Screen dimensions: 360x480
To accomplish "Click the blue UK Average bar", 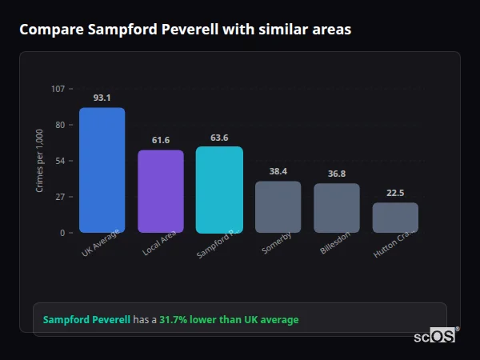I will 102,170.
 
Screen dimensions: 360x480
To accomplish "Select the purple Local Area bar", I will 161,191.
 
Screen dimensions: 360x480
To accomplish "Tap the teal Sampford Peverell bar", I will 219,190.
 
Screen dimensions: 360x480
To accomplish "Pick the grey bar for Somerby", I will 278,206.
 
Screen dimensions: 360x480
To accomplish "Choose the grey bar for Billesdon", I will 337,208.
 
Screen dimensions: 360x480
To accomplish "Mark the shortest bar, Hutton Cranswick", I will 395,218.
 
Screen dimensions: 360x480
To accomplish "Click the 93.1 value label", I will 102,98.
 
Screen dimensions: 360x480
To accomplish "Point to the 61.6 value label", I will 161,140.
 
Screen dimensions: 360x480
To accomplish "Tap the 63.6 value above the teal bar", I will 219,138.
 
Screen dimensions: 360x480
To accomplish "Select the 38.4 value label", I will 278,171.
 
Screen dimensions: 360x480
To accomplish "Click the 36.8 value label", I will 337,174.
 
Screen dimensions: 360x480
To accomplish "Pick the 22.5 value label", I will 395,193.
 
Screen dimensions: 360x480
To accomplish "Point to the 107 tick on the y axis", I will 58,89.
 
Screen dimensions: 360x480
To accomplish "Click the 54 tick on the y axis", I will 60,161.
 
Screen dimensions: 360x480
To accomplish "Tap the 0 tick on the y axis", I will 62,233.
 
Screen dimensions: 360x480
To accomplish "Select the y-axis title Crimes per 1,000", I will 40,161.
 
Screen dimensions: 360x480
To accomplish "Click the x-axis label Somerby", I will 277,242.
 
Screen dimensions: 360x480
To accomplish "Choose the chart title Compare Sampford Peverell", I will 185,30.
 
